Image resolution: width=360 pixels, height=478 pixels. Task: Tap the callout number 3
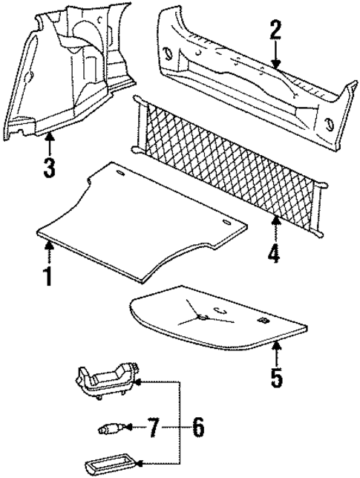(x=48, y=167)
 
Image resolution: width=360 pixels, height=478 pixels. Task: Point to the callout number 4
(x=274, y=255)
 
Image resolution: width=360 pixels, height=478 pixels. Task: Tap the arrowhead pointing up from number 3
(x=48, y=136)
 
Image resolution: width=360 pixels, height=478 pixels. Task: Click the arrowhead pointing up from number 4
(x=274, y=220)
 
